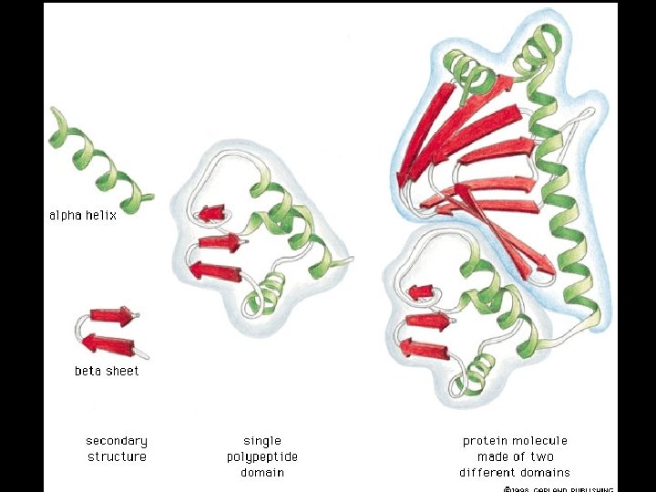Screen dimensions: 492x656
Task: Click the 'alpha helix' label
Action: [83, 216]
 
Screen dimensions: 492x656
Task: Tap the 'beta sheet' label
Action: [107, 371]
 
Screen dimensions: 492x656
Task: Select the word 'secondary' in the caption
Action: [117, 441]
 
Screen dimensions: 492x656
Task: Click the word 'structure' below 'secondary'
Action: [117, 456]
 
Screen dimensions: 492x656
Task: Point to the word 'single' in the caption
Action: [262, 441]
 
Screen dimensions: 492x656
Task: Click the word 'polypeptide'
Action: [262, 456]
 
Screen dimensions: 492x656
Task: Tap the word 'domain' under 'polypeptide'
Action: [262, 472]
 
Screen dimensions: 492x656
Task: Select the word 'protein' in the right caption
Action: [486, 441]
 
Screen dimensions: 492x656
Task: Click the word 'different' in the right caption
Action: [487, 472]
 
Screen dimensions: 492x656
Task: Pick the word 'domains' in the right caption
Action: [544, 472]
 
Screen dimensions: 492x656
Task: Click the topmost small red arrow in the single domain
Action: [212, 213]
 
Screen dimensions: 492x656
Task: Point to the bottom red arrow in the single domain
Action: [215, 270]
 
